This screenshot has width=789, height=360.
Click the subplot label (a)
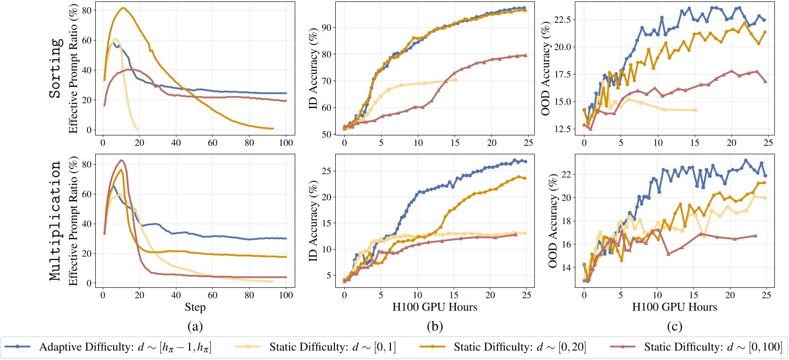[x=195, y=326]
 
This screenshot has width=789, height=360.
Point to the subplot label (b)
[x=434, y=326]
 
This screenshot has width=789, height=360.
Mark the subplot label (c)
[x=674, y=326]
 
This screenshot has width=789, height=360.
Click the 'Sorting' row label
[x=56, y=68]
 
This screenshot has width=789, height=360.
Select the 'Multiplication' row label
[x=56, y=221]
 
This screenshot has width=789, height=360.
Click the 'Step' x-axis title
[x=195, y=308]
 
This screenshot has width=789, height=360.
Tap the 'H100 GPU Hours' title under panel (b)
[x=434, y=308]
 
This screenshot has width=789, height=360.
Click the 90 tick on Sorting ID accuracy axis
[x=326, y=28]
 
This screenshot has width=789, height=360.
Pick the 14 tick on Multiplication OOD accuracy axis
[x=565, y=268]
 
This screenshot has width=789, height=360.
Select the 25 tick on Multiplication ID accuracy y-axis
[x=326, y=171]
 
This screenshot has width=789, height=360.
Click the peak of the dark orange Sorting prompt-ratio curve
[x=123, y=8]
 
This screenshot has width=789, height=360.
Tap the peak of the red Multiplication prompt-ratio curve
[x=122, y=160]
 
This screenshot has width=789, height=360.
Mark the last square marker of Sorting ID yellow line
[x=455, y=80]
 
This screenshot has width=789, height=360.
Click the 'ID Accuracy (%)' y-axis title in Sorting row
[x=313, y=68]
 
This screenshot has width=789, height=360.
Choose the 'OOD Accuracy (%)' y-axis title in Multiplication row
[x=552, y=221]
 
